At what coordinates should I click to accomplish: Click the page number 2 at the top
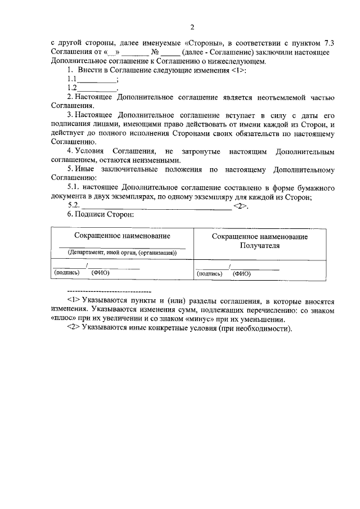[192, 27]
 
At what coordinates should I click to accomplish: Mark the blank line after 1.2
[96, 88]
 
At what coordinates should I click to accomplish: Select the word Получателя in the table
[259, 246]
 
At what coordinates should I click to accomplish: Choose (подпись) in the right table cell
[210, 274]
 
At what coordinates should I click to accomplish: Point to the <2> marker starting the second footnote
[73, 328]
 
